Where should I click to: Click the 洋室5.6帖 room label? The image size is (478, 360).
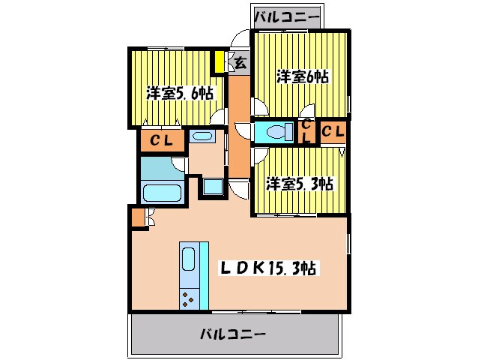click(x=179, y=94)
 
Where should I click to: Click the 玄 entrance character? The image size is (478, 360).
click(x=240, y=64)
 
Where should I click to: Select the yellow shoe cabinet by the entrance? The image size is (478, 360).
click(x=220, y=61)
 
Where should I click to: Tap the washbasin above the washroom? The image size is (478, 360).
click(x=201, y=136)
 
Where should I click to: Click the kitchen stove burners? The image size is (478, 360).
click(x=189, y=300)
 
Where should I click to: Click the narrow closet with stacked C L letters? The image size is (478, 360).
click(x=306, y=132)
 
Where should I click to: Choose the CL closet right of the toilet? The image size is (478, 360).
click(x=333, y=131)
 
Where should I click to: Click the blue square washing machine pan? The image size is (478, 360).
click(x=211, y=187)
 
